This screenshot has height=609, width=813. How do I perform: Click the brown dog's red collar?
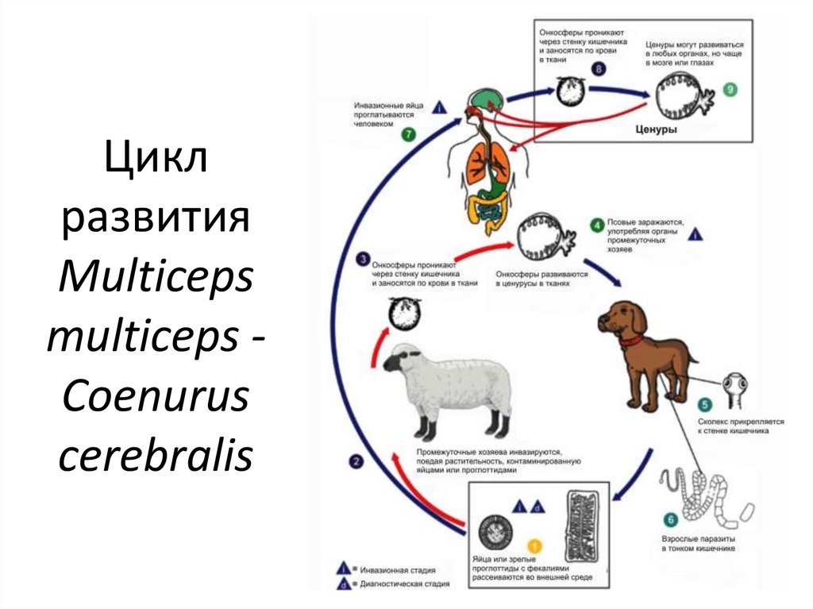click(x=632, y=341)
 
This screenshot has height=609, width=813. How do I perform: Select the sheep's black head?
click(x=396, y=362)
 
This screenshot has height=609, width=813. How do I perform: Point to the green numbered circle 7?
click(x=408, y=135)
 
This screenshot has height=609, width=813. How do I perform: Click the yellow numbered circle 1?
click(x=534, y=546)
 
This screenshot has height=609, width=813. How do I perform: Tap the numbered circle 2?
click(x=357, y=461)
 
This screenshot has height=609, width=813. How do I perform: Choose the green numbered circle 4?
click(x=595, y=225)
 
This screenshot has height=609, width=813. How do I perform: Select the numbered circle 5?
click(x=703, y=403)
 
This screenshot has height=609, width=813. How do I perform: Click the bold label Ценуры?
click(x=657, y=129)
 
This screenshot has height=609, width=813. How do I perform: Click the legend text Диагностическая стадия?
click(x=404, y=584)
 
